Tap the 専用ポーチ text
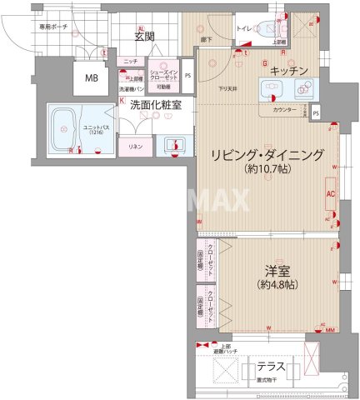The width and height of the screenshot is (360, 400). [x=31, y=27]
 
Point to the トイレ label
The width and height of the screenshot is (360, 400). [x=244, y=28]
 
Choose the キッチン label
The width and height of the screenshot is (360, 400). [x=290, y=70]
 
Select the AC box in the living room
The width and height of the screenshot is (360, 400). [x=330, y=195]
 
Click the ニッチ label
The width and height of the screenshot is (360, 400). [x=130, y=62]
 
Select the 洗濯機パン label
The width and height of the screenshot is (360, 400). [x=132, y=87]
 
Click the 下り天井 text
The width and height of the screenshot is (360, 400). [x=227, y=87]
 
